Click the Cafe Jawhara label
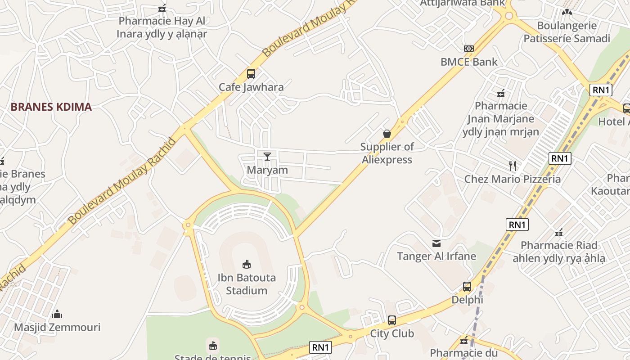point(251,87)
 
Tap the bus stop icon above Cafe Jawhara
point(251,74)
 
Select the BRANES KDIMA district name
point(51,107)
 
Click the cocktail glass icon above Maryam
point(267,156)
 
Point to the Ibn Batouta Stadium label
point(247,284)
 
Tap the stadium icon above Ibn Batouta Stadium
point(247,264)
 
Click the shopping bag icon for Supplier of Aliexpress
point(387,134)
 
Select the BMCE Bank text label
point(469,62)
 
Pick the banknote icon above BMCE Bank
point(469,49)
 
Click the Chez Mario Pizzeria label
point(513,179)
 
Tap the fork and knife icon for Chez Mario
point(512,166)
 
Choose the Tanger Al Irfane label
point(436,256)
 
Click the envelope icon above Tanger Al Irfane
point(436,243)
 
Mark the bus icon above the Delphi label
point(467,286)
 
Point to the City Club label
point(391,334)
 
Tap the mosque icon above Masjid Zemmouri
point(57,314)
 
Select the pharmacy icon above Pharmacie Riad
point(559,233)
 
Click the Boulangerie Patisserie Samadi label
point(567,32)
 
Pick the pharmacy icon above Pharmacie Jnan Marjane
point(501,93)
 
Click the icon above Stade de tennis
point(212,346)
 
